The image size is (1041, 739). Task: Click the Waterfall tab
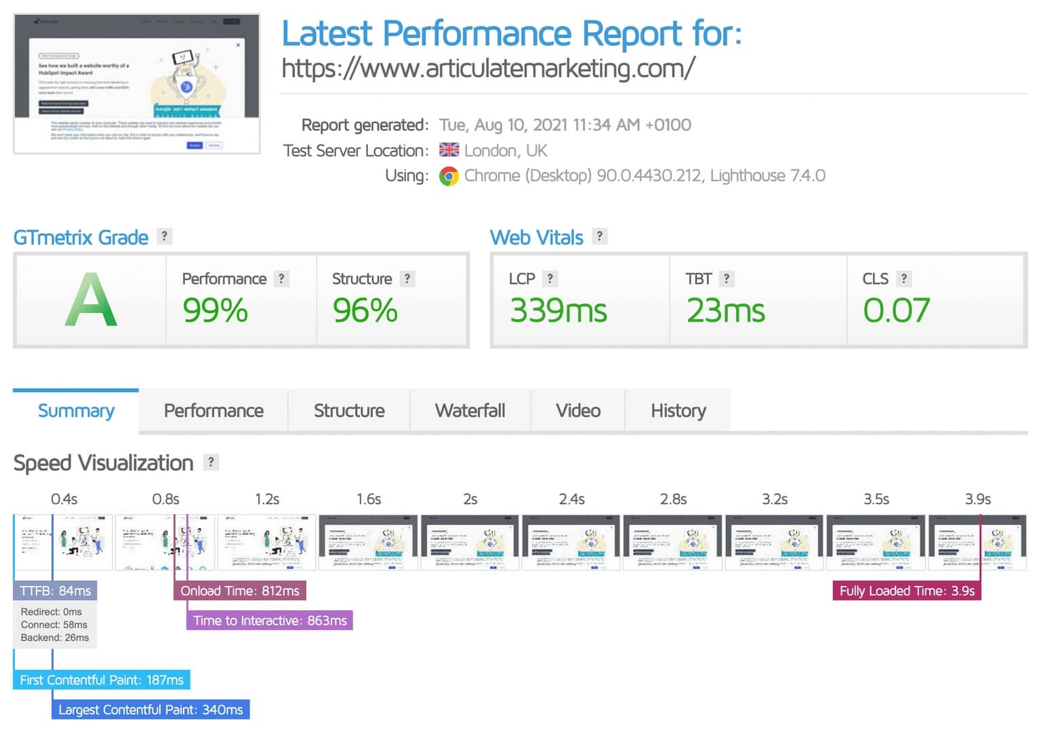point(470,410)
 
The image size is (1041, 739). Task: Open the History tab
point(678,410)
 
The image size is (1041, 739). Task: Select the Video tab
point(577,410)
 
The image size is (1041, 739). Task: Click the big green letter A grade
point(91,300)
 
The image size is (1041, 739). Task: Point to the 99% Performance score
point(215,311)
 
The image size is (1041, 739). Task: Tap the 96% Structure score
point(365,311)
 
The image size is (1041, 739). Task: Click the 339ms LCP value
point(558,311)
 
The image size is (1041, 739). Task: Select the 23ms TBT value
point(725,311)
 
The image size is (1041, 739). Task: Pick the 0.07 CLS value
point(895,311)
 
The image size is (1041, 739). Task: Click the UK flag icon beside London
point(449,150)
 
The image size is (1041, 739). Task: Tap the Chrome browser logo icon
point(449,176)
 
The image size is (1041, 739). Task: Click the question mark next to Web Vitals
point(599,236)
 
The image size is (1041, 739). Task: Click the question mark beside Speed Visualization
point(211,462)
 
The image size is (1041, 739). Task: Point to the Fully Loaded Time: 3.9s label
point(906,591)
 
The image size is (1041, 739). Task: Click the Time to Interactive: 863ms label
point(270,620)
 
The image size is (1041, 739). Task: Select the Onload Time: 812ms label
point(239,591)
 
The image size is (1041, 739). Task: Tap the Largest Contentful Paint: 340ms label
point(150,710)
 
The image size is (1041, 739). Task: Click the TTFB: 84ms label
point(55,591)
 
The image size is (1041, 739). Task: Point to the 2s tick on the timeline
point(470,499)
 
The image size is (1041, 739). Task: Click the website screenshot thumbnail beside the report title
point(137,83)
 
